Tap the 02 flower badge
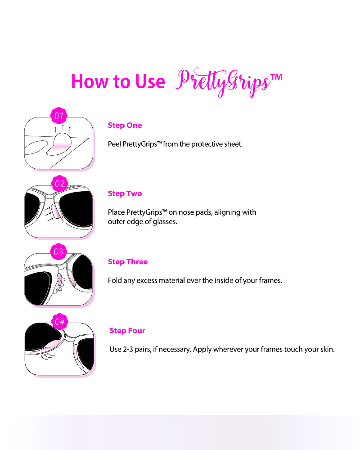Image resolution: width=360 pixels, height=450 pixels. click(59, 184)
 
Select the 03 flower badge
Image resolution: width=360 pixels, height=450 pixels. click(59, 252)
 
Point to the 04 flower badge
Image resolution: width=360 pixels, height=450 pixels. click(59, 321)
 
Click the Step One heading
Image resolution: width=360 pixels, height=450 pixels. click(125, 126)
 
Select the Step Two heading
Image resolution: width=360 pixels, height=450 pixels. click(125, 193)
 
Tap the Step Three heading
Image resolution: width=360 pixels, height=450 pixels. click(128, 262)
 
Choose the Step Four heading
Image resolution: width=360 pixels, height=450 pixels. click(127, 331)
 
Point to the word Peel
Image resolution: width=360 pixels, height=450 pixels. click(114, 144)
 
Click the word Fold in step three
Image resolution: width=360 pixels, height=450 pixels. click(114, 280)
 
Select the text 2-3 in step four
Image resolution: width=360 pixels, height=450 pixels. click(128, 349)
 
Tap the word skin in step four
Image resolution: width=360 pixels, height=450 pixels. click(327, 349)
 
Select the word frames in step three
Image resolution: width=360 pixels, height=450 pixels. click(270, 280)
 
